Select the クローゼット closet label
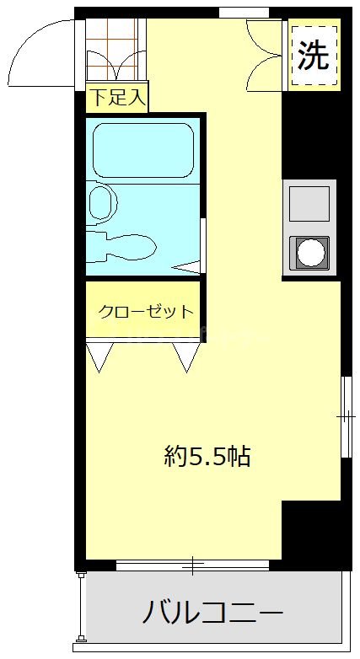coord(145,312)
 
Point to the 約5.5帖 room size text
coord(207,457)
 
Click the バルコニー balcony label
coord(212,610)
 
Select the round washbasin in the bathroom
coord(102,203)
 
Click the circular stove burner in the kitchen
coord(309,252)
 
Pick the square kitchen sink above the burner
coord(309,203)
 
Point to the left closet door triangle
coord(101,356)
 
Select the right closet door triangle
coord(185,356)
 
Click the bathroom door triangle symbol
coord(191,267)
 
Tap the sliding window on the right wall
coord(346,416)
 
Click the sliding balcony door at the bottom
coord(193,565)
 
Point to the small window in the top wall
coord(244,12)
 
